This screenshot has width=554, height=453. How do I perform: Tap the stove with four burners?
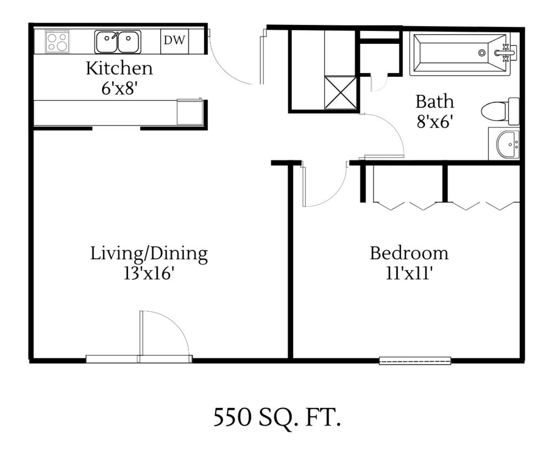[x=57, y=42]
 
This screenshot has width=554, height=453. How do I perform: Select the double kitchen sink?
[x=118, y=42]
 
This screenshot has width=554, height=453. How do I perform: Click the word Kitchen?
[x=120, y=69]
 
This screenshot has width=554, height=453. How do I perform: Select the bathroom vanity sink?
[x=504, y=144]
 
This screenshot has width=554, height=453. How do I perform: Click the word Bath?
[x=434, y=102]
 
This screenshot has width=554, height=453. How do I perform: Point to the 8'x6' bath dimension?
[x=434, y=121]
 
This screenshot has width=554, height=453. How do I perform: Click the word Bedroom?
[x=409, y=253]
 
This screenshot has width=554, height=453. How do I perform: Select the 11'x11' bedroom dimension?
[x=409, y=273]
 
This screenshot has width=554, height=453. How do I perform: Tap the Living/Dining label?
[x=149, y=253]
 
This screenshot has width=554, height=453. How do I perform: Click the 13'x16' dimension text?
[x=149, y=273]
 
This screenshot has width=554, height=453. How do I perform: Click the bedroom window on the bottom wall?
[x=415, y=360]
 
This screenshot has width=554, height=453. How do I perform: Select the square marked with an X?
[x=340, y=93]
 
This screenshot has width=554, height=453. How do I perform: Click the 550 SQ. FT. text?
[x=276, y=418]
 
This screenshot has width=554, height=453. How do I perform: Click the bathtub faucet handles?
[x=506, y=52]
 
